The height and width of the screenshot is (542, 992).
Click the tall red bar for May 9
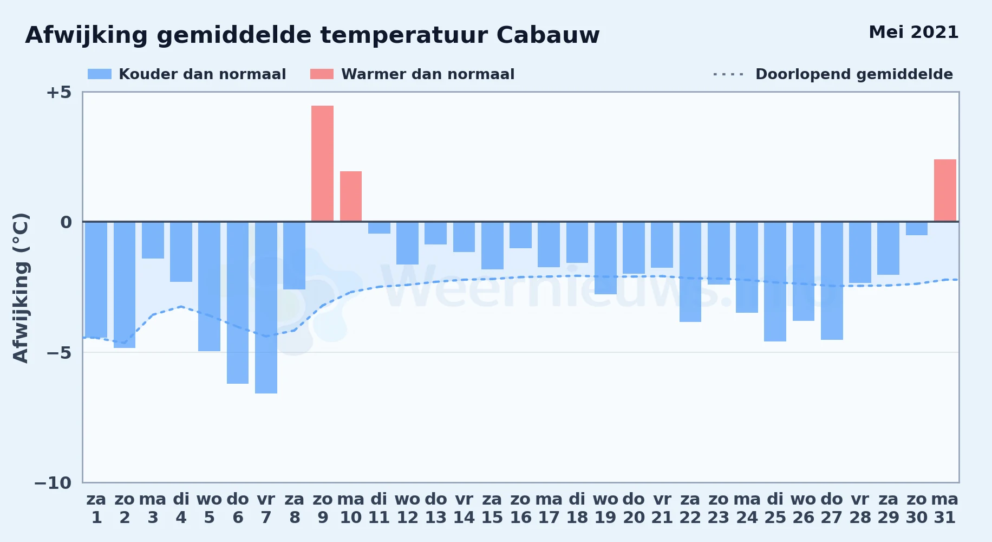[x=322, y=163]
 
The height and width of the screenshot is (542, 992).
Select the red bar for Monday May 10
[x=351, y=196]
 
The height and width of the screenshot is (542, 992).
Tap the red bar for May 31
[x=945, y=190]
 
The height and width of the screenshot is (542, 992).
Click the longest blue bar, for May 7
[x=266, y=308]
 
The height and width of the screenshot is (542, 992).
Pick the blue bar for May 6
[x=238, y=303]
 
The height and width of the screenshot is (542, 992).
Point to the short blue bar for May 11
[x=379, y=228]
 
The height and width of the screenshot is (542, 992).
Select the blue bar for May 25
[x=775, y=282]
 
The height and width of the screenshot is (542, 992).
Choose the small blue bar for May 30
[x=917, y=229]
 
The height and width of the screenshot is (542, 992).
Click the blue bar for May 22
[x=690, y=272]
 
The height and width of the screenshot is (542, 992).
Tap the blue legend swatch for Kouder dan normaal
[x=100, y=74]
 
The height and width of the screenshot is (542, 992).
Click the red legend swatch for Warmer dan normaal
[x=322, y=74]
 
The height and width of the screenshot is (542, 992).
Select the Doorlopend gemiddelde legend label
[x=854, y=74]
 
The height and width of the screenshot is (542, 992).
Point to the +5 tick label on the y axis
[x=58, y=92]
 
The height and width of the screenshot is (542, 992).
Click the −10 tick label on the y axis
[x=53, y=483]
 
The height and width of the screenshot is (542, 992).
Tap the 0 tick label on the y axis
[x=66, y=222]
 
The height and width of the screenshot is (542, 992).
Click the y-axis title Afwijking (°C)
[x=21, y=288]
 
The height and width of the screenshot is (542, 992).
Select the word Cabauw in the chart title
[x=548, y=35]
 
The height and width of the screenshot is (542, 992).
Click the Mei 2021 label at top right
[x=913, y=33]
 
